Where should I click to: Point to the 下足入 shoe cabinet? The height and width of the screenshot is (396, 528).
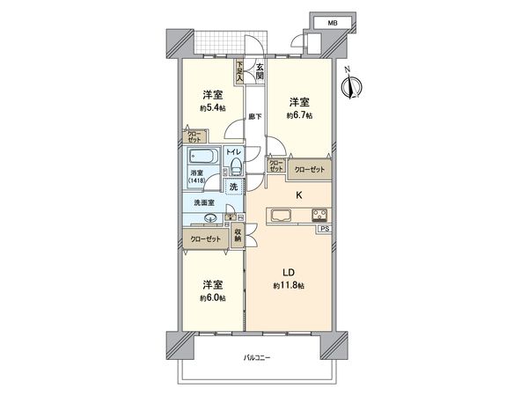(x=238, y=71)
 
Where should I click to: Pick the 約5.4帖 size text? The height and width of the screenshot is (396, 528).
(x=211, y=108)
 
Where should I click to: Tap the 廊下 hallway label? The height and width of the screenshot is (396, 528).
(x=255, y=115)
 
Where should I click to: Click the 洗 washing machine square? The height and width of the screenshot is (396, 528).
(x=234, y=187)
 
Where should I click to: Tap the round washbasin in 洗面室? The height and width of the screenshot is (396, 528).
(x=210, y=220)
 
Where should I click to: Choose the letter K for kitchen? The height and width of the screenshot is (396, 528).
(x=298, y=194)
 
